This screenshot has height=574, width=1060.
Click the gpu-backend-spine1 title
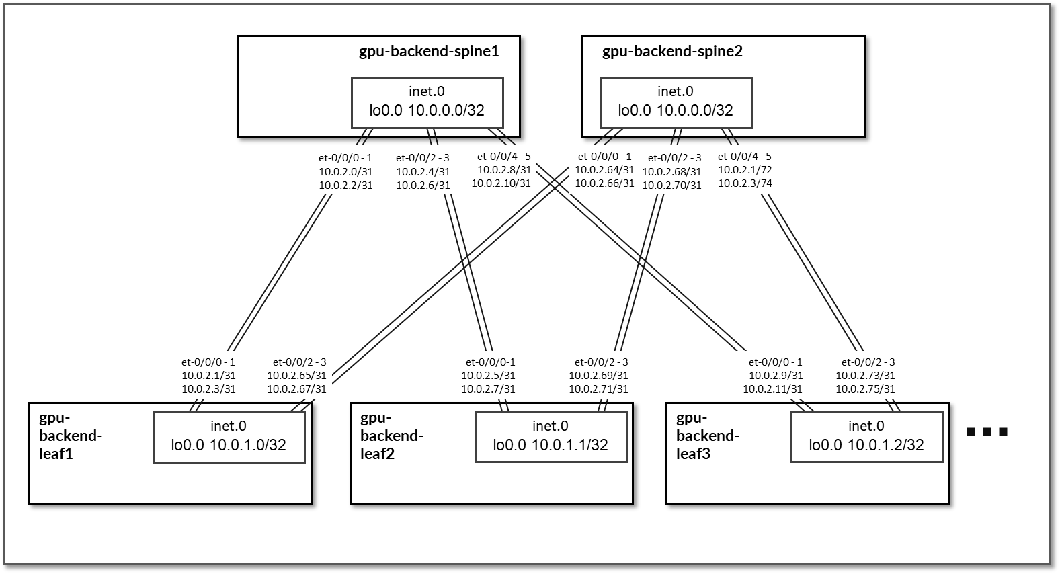[429, 51]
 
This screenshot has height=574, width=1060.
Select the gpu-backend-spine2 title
[672, 51]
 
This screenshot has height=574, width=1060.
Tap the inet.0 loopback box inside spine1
[427, 102]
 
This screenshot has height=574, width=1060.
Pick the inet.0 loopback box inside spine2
[676, 102]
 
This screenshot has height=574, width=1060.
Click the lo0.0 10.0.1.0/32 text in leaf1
[229, 445]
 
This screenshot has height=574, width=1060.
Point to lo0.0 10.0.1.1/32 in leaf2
[551, 445]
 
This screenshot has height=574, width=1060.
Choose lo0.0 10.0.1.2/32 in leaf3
[866, 445]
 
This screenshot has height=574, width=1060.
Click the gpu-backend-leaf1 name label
[71, 436]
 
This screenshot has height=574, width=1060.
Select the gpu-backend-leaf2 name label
[392, 436]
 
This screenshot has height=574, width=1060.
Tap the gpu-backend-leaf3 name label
[708, 436]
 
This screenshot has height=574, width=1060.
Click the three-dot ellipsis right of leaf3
[987, 432]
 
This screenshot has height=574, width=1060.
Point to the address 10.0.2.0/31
[345, 171]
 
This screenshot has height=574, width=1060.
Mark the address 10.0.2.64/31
[604, 170]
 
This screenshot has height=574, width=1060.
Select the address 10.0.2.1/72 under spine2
[745, 170]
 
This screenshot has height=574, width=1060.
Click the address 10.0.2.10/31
[501, 183]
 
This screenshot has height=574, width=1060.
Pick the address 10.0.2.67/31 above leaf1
[296, 388]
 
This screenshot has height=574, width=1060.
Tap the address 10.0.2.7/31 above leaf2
[488, 388]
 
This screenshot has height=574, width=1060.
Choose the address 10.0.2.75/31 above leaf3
[865, 388]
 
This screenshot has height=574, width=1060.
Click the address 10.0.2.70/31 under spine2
[671, 185]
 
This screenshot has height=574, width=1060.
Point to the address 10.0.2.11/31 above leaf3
[772, 388]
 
